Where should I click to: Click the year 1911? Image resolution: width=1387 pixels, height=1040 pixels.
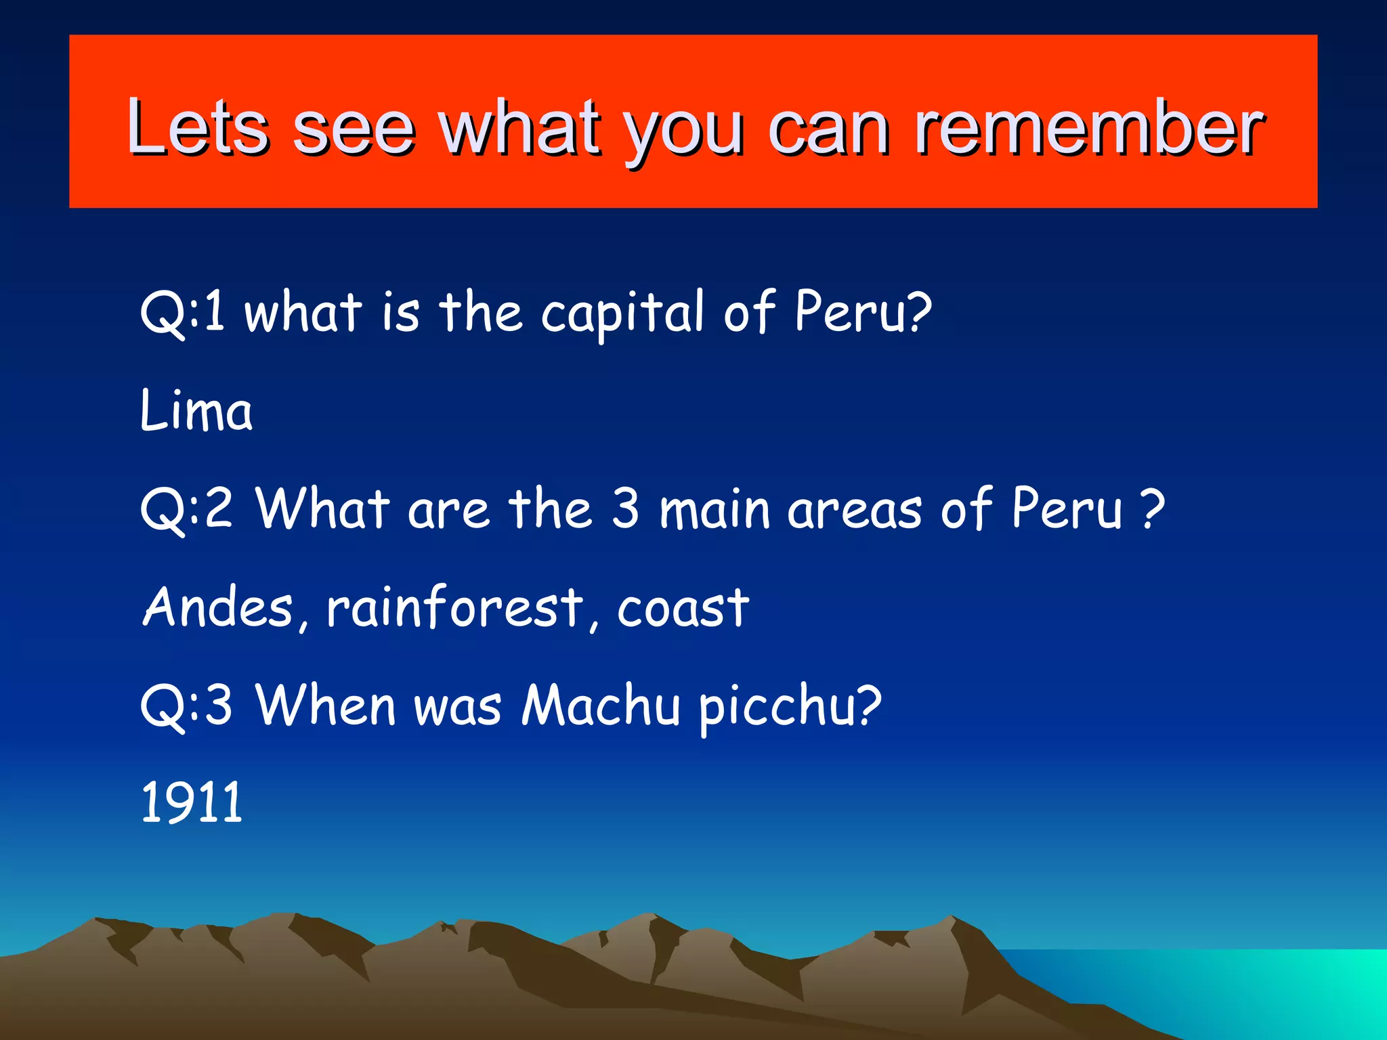tap(192, 802)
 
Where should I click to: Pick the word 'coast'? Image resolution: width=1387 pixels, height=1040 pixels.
tap(683, 608)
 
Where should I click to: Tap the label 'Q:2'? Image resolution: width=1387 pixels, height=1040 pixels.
tap(187, 508)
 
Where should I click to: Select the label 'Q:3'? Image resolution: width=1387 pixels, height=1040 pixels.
tap(187, 706)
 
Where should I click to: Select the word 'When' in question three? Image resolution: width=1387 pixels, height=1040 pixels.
tap(326, 706)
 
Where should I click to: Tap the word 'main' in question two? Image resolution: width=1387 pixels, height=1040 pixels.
tap(714, 509)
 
